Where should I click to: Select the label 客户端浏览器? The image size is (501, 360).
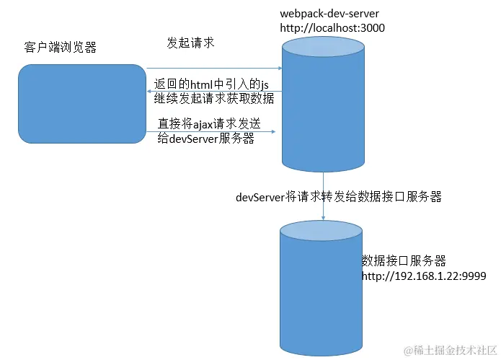tap(60, 48)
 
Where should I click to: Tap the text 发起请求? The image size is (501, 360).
tap(190, 43)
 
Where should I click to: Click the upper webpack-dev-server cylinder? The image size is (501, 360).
tap(322, 108)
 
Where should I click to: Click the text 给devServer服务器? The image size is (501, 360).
tap(205, 139)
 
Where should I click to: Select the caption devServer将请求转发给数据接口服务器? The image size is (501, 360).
tap(338, 196)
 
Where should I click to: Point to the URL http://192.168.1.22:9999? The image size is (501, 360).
tap(424, 276)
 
